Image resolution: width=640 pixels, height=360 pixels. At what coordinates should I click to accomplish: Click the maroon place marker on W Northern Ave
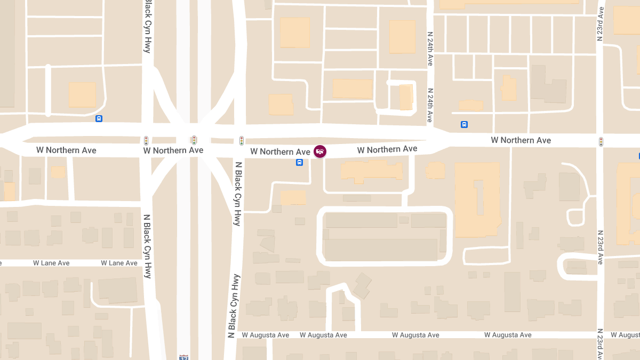click(x=320, y=151)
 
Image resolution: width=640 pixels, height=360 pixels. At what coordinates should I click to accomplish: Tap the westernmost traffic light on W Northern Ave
click(x=146, y=141)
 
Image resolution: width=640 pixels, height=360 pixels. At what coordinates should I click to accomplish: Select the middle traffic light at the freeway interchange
click(x=194, y=141)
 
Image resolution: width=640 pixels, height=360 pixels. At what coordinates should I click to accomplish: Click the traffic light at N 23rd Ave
click(x=601, y=142)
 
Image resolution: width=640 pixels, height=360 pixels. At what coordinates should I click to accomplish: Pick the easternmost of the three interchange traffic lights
click(x=242, y=141)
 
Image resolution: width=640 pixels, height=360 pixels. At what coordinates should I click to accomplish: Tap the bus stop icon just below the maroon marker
click(x=300, y=162)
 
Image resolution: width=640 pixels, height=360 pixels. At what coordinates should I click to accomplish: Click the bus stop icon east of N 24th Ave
click(x=464, y=125)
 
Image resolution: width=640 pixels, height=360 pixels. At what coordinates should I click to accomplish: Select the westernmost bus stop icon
click(x=99, y=118)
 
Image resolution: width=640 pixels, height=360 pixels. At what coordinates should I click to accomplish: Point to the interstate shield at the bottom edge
click(x=184, y=357)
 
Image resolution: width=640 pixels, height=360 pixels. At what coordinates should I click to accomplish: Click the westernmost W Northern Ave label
click(x=66, y=150)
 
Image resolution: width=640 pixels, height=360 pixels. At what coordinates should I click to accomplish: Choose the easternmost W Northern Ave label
click(x=521, y=140)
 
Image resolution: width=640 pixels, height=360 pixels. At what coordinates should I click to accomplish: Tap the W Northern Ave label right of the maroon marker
click(x=387, y=149)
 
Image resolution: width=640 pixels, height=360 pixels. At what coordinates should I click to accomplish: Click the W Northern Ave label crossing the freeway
click(x=173, y=150)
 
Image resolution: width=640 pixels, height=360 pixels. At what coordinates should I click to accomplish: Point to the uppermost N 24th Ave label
click(x=430, y=49)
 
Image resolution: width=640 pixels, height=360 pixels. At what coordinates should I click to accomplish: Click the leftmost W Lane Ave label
click(x=51, y=263)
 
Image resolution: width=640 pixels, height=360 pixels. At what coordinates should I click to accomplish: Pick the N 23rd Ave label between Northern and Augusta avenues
click(x=601, y=247)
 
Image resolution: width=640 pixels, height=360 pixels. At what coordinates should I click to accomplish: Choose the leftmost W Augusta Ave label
click(x=266, y=335)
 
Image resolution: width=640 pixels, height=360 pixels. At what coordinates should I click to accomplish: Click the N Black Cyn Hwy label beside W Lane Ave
click(x=148, y=246)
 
